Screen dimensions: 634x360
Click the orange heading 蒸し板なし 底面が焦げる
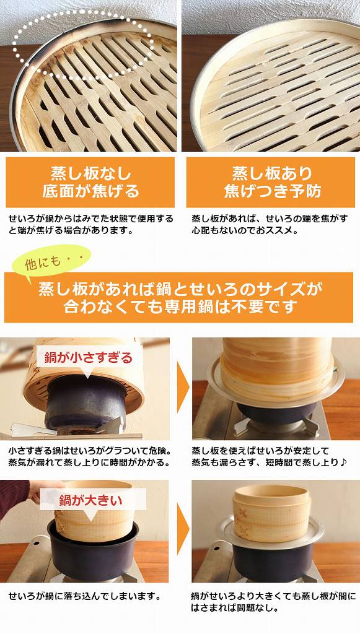tap(90, 182)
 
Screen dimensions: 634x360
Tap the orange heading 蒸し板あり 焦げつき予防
tap(270, 182)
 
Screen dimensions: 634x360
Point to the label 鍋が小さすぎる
tap(87, 357)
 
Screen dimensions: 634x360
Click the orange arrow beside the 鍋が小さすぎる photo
tap(182, 387)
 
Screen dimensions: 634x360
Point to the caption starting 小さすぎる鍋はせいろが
tap(89, 456)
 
